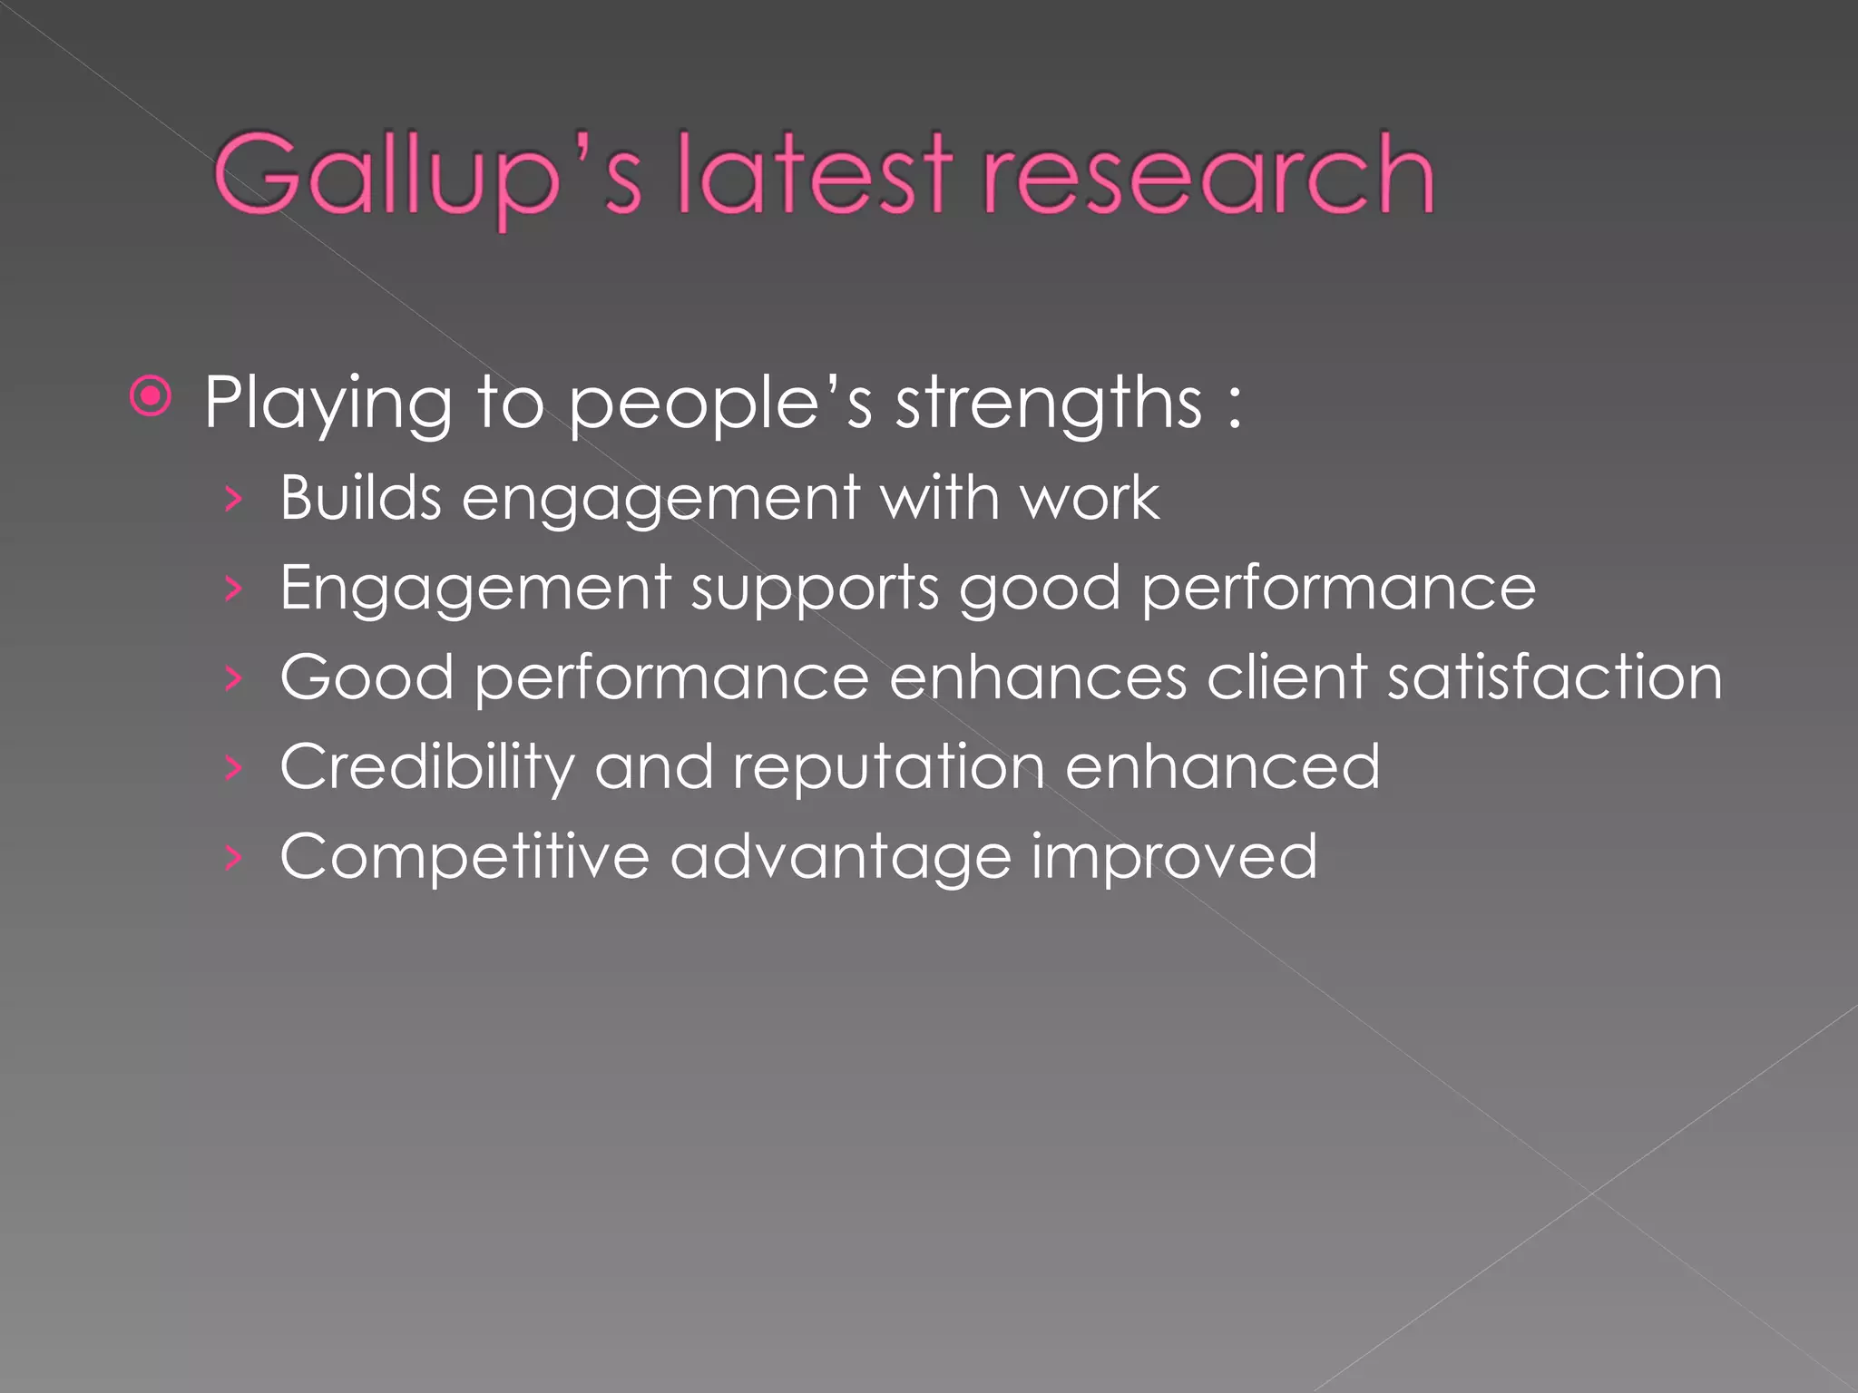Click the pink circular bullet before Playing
point(151,396)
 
